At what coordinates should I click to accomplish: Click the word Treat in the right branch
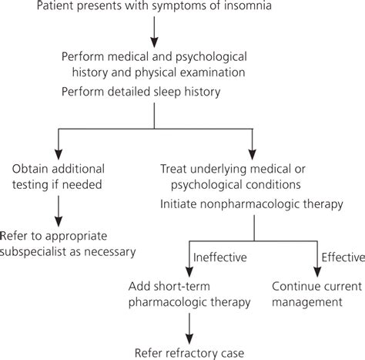click(175, 168)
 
